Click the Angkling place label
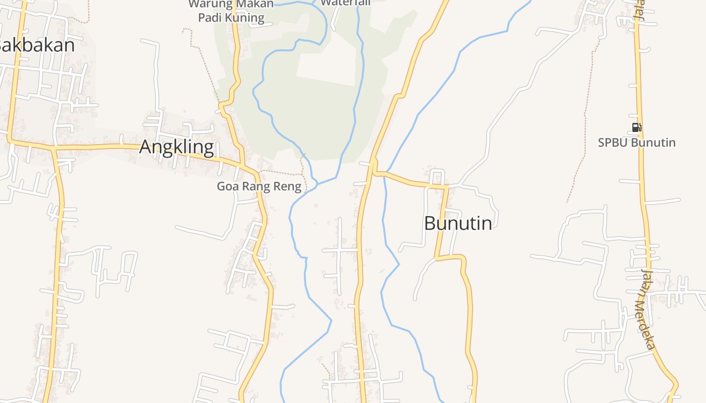coord(176,147)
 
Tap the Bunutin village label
coord(458,223)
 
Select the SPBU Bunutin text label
coord(636,143)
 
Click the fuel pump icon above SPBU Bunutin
coord(636,127)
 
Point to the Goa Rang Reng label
coord(259,186)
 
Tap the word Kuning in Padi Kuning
coord(245,18)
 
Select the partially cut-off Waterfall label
coord(345,3)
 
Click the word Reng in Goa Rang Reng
coord(287,186)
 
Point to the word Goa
coord(227,186)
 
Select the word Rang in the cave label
coord(256,186)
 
